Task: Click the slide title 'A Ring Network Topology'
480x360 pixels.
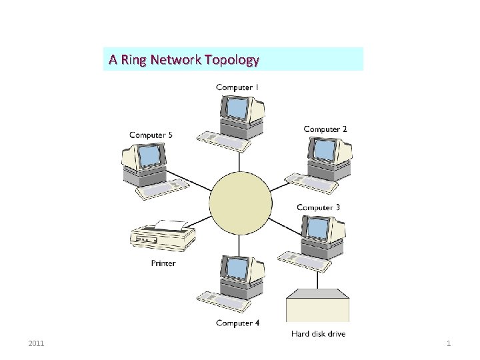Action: tap(183, 60)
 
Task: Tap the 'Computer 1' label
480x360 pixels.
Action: tap(237, 87)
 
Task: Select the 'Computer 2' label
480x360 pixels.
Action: tap(325, 129)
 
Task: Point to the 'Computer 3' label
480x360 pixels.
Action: tap(318, 207)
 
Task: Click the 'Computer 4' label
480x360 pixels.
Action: tap(237, 323)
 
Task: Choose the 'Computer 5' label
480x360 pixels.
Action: tap(151, 135)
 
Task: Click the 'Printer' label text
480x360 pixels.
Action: tap(163, 263)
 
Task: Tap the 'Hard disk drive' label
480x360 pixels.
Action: tap(318, 333)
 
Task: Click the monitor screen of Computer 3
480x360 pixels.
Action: tap(313, 229)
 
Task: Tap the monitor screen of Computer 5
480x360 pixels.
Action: tap(151, 156)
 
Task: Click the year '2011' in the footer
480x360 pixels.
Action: tap(37, 343)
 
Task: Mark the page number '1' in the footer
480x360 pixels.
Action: tap(449, 343)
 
